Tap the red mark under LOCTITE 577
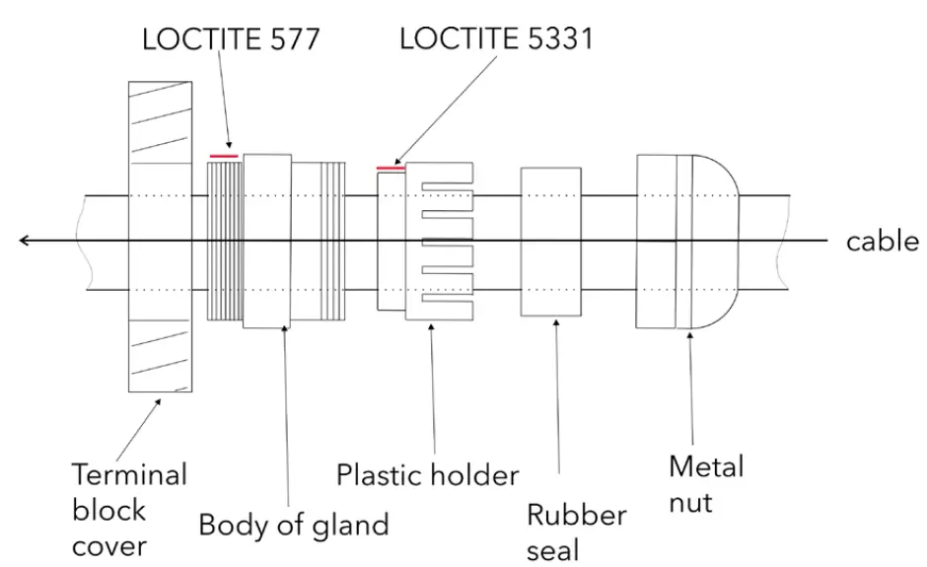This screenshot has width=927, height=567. pos(224,156)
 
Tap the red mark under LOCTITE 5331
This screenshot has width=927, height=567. pos(392,168)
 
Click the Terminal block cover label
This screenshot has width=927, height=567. pos(128,510)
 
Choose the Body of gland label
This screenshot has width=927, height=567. pos(294,524)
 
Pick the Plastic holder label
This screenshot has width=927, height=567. pos(427,475)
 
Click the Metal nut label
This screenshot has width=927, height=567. pos(705,483)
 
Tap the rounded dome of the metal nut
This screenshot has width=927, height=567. pos(714,242)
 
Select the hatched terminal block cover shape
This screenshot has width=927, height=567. pos(164,237)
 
